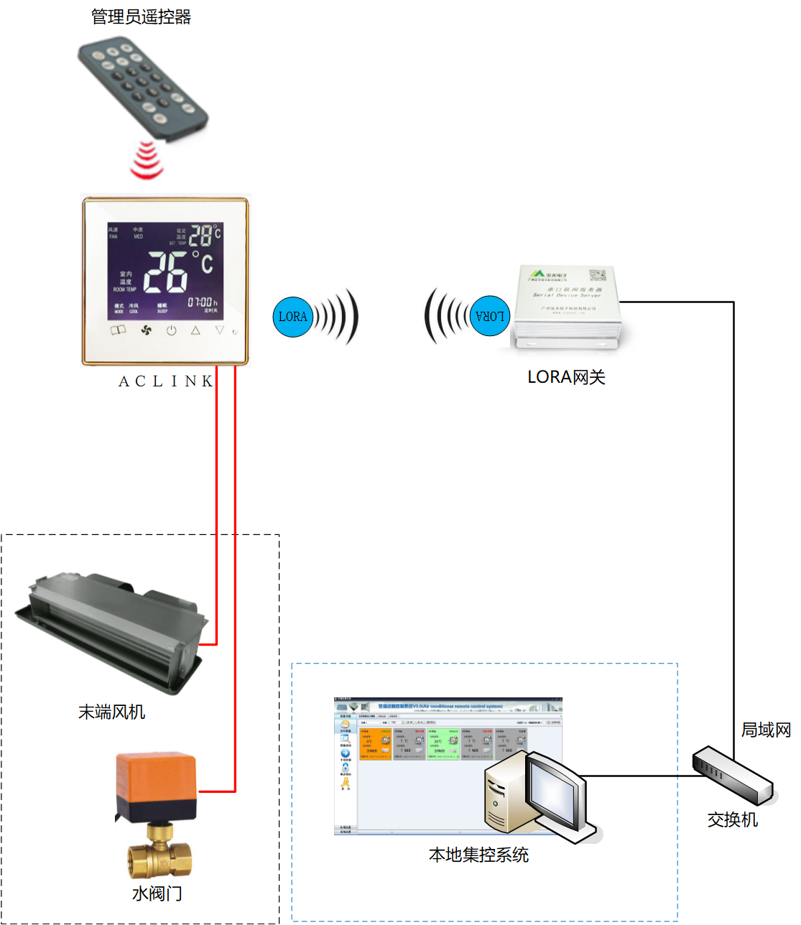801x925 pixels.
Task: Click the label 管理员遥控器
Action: (141, 17)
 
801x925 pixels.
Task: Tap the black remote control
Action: (142, 88)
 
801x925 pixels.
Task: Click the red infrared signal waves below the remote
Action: (147, 160)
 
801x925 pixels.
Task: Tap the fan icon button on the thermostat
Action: (147, 330)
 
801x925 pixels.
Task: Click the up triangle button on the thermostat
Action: (195, 330)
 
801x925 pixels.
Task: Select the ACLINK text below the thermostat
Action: (166, 381)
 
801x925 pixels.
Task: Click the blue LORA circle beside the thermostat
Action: (292, 316)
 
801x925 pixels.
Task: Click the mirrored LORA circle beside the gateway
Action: (491, 316)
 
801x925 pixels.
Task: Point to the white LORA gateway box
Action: (567, 305)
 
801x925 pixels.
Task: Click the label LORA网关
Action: (566, 377)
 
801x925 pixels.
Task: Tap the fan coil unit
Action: (111, 632)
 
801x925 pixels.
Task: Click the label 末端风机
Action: (111, 712)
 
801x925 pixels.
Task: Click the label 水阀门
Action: (157, 893)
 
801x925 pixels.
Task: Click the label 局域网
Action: (766, 730)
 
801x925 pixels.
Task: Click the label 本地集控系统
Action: (478, 855)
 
